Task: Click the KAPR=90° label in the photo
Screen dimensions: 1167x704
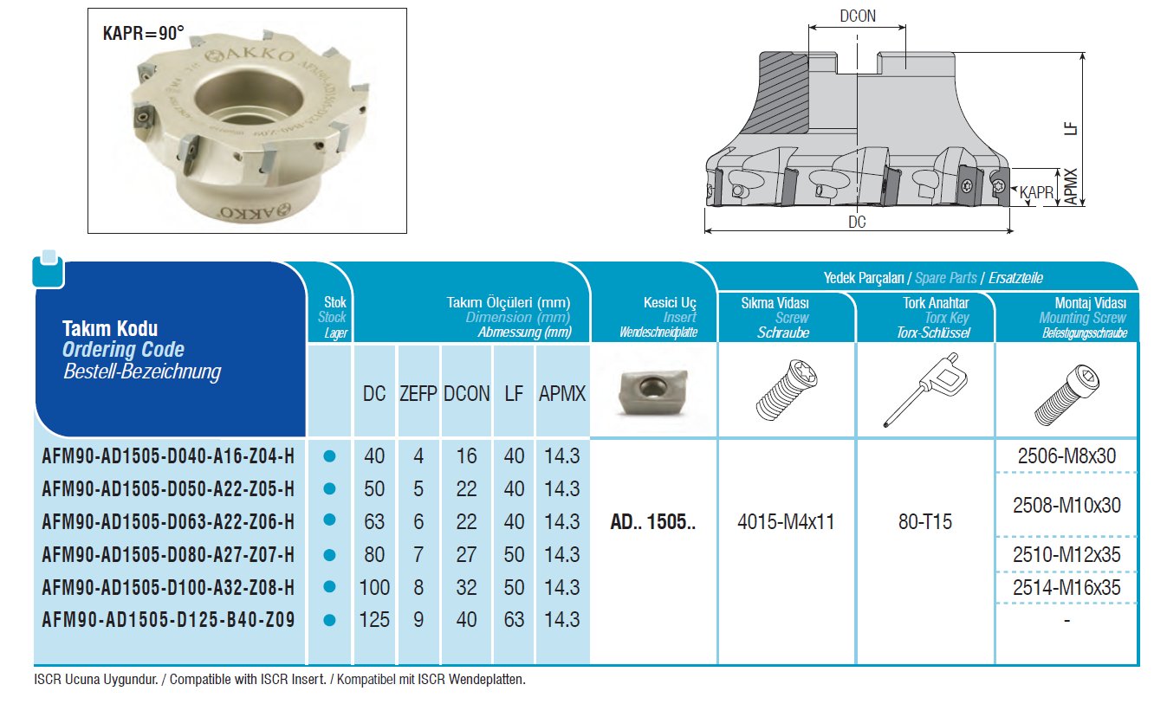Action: [143, 33]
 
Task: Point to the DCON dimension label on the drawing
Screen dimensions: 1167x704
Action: [858, 16]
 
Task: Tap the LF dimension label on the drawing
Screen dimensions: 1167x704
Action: [1070, 129]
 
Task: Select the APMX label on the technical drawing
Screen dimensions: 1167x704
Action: [1070, 186]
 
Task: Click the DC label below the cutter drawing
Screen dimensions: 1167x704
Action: [857, 223]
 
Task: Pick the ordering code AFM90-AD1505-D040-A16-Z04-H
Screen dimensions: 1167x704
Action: [168, 456]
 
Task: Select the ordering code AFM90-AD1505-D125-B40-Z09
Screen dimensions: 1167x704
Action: [168, 620]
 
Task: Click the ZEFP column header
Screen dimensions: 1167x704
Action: [418, 394]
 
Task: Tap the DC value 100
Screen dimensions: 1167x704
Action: [374, 588]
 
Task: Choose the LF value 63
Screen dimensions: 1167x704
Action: [514, 620]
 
